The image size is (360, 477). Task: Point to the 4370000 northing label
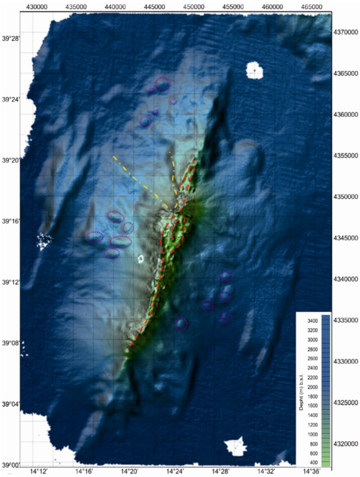click(x=346, y=32)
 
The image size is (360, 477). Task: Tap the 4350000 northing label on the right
click(x=346, y=197)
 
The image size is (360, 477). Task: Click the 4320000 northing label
click(x=346, y=444)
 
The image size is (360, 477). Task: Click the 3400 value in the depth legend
click(x=313, y=321)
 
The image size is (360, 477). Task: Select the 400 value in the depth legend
click(x=314, y=463)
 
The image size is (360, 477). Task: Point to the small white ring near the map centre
click(x=141, y=259)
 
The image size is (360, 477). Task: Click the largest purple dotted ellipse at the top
click(x=163, y=84)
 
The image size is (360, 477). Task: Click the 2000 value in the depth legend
click(x=313, y=387)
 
